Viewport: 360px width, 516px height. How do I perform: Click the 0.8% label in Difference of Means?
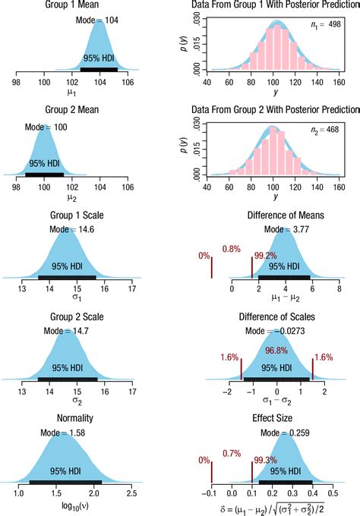[x=231, y=248]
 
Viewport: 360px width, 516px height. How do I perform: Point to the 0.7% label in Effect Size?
[x=230, y=452]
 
